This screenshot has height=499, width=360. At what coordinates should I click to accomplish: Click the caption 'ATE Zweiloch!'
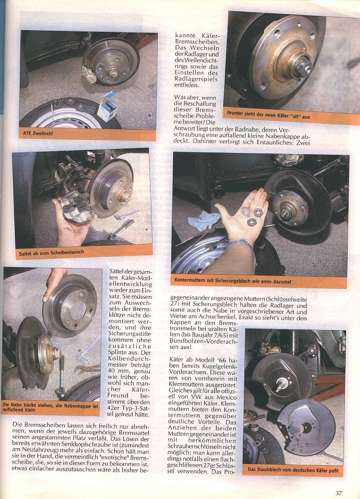[x=38, y=134]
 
